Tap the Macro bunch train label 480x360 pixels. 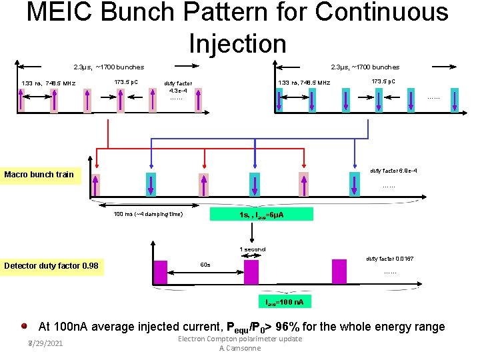39,175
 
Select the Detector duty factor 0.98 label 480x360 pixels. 51,267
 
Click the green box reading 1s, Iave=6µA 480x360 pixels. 252,215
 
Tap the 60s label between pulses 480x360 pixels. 205,265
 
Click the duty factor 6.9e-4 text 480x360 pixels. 393,171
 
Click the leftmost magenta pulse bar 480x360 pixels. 161,272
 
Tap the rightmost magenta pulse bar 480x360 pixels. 339,272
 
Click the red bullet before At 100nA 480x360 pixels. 24,327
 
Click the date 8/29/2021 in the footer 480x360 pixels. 44,343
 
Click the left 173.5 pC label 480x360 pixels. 127,81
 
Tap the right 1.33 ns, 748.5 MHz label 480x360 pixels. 303,83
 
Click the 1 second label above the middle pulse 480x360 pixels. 253,249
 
